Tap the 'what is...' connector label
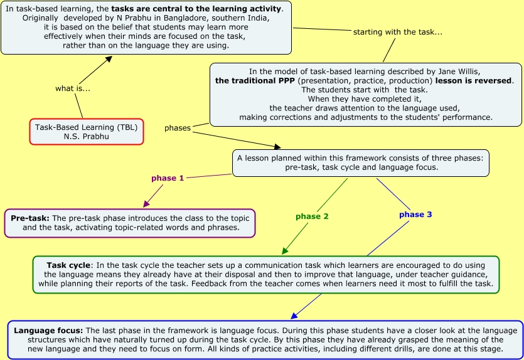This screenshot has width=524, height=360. pyautogui.click(x=73, y=88)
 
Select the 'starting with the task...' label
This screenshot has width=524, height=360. pyautogui.click(x=398, y=32)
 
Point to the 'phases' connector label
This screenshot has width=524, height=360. pyautogui.click(x=178, y=128)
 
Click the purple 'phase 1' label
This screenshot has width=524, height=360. pyautogui.click(x=168, y=178)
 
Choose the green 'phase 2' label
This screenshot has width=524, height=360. pyautogui.click(x=312, y=216)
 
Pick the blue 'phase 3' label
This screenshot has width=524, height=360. pyautogui.click(x=415, y=214)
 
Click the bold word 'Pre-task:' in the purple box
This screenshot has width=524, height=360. pyautogui.click(x=30, y=218)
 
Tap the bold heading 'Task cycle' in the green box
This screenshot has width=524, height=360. pyautogui.click(x=68, y=265)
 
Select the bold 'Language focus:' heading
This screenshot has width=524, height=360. pyautogui.click(x=48, y=331)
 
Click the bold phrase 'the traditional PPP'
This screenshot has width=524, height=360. pyautogui.click(x=255, y=81)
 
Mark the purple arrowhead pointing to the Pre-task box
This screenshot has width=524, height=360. pyautogui.click(x=146, y=204)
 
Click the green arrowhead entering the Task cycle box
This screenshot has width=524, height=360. pyautogui.click(x=285, y=251)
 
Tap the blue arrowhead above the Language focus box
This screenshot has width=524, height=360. pyautogui.click(x=294, y=315)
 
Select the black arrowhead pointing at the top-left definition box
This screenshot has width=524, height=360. pyautogui.click(x=109, y=59)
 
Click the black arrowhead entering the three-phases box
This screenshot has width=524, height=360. pyautogui.click(x=277, y=146)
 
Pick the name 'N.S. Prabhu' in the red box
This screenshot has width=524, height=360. pyautogui.click(x=86, y=136)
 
